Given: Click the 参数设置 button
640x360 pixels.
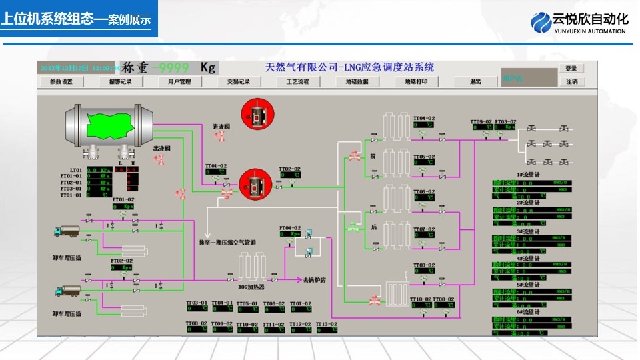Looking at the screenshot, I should [x=57, y=82].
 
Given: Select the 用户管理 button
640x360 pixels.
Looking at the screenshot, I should [x=175, y=82].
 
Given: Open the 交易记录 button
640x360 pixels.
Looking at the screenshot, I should [x=238, y=82].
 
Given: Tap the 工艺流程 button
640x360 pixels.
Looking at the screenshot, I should [x=297, y=82].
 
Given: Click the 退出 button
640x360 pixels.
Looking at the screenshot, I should [x=475, y=82].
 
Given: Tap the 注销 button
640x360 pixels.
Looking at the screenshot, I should [x=571, y=82].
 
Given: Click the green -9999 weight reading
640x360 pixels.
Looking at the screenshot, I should [x=170, y=67].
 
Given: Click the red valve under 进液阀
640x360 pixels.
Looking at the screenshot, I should [x=219, y=135].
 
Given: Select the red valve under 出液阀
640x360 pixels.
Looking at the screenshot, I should [x=160, y=159].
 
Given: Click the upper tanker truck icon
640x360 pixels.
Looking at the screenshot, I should [x=67, y=231].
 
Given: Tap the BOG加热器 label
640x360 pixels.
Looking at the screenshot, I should [x=251, y=287].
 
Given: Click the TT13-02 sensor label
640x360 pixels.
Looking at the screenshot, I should [x=326, y=324].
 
